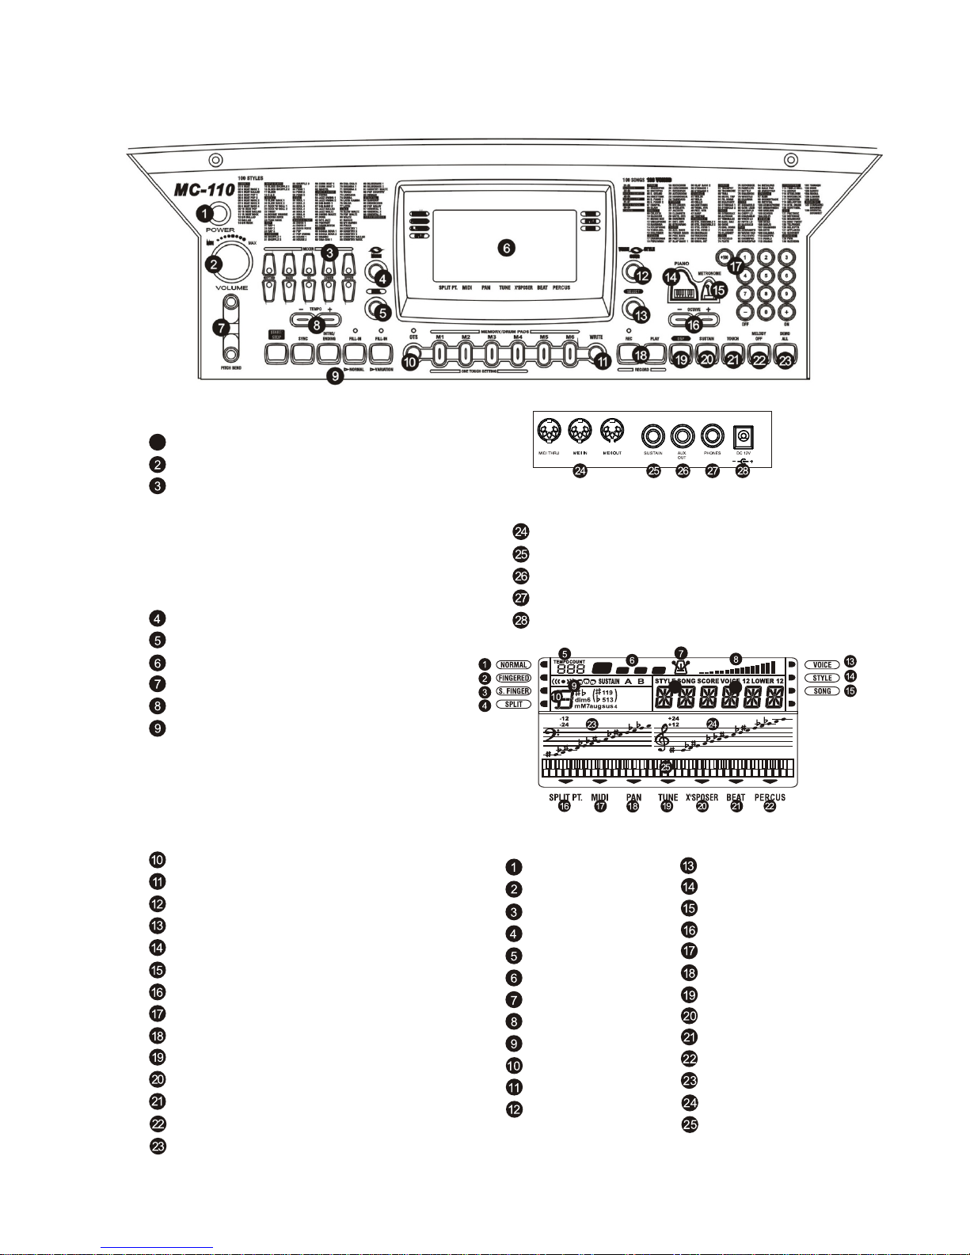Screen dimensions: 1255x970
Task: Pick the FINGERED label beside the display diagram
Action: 513,679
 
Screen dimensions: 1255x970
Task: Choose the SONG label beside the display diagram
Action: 822,691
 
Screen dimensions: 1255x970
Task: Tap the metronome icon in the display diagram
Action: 681,666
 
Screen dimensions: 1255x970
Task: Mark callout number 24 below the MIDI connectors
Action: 580,471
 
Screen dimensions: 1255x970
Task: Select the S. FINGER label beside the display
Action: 513,691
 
